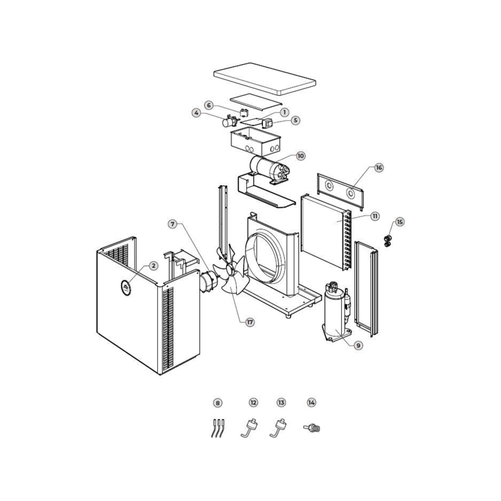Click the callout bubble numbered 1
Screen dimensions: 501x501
click(x=284, y=112)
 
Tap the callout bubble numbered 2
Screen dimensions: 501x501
click(x=153, y=266)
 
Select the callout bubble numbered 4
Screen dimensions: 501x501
click(x=197, y=113)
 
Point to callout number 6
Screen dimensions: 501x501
click(x=209, y=105)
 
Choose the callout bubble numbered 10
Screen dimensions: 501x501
click(x=301, y=156)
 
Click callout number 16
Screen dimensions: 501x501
click(x=379, y=167)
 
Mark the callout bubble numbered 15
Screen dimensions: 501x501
click(x=400, y=222)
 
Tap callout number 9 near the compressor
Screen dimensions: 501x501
click(x=358, y=346)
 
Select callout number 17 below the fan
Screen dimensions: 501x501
click(x=250, y=323)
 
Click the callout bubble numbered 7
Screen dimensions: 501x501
click(x=173, y=224)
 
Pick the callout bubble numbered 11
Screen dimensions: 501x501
click(x=374, y=216)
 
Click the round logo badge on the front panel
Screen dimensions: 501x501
click(x=126, y=287)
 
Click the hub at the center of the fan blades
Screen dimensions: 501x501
click(x=230, y=271)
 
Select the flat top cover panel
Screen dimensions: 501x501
click(x=264, y=79)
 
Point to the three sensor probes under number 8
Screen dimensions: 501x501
click(x=218, y=428)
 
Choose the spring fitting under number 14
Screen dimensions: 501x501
click(x=311, y=428)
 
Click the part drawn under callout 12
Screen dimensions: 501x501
click(x=249, y=428)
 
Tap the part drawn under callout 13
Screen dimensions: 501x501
click(x=278, y=428)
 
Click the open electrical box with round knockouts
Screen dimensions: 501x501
click(x=256, y=141)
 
